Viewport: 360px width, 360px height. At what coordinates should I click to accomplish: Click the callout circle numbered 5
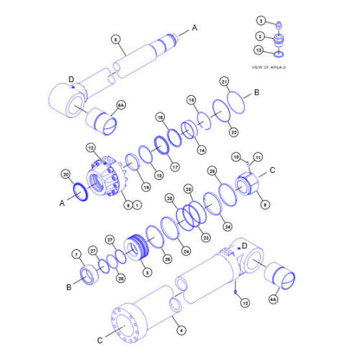(115, 39)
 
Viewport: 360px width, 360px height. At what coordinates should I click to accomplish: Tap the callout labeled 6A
(120, 104)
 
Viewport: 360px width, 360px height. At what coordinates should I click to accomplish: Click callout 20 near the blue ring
(65, 175)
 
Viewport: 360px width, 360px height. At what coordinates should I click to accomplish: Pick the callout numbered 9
(266, 204)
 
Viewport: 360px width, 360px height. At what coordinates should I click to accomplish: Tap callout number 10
(235, 156)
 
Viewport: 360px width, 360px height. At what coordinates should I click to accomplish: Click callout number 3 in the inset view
(261, 21)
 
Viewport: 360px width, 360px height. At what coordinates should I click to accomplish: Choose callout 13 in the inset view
(260, 50)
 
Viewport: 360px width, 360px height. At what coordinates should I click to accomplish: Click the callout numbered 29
(120, 279)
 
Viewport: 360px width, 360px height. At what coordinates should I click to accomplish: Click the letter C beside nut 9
(272, 171)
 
